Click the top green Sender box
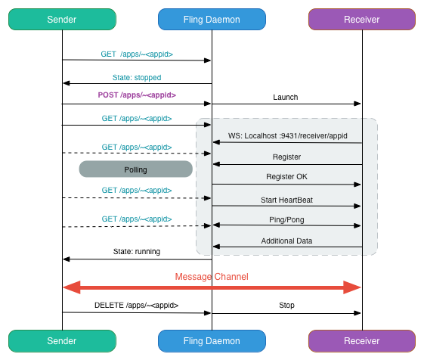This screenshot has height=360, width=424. pos(62,20)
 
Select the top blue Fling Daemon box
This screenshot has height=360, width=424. pos(212,20)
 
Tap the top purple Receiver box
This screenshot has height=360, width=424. pos(362,20)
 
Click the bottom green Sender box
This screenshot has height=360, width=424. pos(62,341)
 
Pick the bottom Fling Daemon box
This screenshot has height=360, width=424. pos(212,341)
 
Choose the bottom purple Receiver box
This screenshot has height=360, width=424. pos(362,341)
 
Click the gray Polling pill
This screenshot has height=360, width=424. pos(136,169)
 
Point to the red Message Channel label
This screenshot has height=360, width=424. pos(212,277)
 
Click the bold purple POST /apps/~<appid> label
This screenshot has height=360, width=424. pos(137,95)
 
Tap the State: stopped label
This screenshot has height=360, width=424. pos(137,77)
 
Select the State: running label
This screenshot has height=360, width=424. pos(137,251)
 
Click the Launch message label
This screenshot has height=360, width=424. pos(286,97)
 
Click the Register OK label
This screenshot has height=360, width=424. pos(286,176)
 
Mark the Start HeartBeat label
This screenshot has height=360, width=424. pos(286,199)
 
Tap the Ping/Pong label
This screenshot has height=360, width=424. pos(286,219)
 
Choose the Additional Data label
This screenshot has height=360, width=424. pos(286,241)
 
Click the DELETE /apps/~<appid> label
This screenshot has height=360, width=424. pos(137,306)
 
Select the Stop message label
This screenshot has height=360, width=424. pos(286,306)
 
